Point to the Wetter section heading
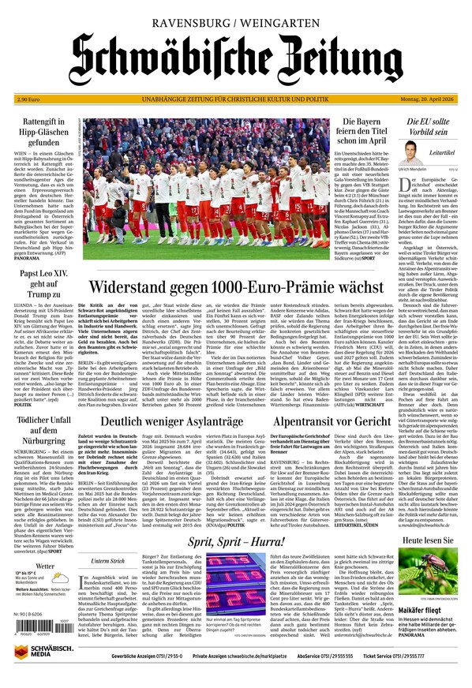[x=44, y=566]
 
